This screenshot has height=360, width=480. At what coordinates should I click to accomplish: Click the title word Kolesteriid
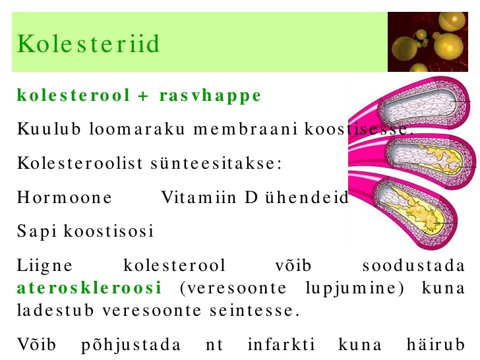pyautogui.click(x=88, y=44)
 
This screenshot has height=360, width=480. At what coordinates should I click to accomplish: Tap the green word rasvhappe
pyautogui.click(x=210, y=96)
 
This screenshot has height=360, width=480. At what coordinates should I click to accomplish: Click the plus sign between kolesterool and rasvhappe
pyautogui.click(x=142, y=96)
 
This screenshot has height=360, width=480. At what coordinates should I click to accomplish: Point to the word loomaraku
pyautogui.click(x=137, y=129)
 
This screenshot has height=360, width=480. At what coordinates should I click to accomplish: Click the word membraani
pyautogui.click(x=245, y=129)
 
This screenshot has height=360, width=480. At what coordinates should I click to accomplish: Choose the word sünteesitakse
pyautogui.click(x=216, y=163)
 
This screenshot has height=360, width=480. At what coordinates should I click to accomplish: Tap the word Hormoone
pyautogui.click(x=65, y=197)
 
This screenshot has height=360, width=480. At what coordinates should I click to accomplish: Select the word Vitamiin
pyautogui.click(x=198, y=197)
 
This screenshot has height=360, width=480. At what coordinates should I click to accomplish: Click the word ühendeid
pyautogui.click(x=307, y=197)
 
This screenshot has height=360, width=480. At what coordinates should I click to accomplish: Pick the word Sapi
pyautogui.click(x=37, y=231)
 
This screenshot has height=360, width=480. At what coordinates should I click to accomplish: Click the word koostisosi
pyautogui.click(x=108, y=231)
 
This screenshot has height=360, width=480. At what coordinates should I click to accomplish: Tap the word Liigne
pyautogui.click(x=45, y=266)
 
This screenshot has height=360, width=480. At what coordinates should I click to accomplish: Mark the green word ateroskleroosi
pyautogui.click(x=89, y=287)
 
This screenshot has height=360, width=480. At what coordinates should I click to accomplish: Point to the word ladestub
pyautogui.click(x=55, y=311)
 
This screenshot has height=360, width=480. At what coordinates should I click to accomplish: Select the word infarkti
pyautogui.click(x=281, y=344)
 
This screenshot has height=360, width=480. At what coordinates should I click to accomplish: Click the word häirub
pyautogui.click(x=436, y=344)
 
